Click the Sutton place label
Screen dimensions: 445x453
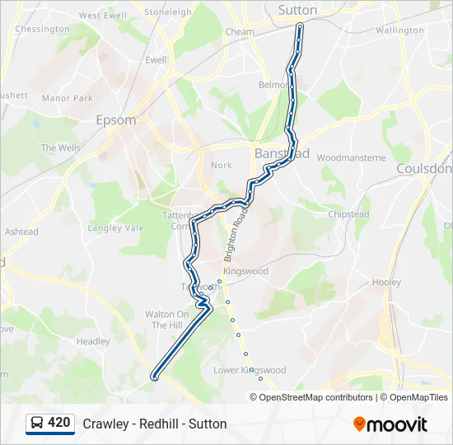(x=297, y=10)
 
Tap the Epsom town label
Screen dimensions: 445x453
(x=115, y=119)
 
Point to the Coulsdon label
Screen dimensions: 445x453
(x=424, y=168)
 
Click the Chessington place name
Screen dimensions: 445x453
(x=42, y=29)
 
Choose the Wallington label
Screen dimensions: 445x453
(x=399, y=30)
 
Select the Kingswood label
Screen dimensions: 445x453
(x=246, y=270)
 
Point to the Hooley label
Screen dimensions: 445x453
(x=386, y=282)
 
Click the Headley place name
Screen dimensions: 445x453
(x=93, y=341)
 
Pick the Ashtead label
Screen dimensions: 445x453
(x=21, y=232)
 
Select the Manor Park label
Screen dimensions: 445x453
(x=68, y=98)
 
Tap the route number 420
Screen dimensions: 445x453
(x=59, y=423)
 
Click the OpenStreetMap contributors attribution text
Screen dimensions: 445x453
(x=315, y=397)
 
